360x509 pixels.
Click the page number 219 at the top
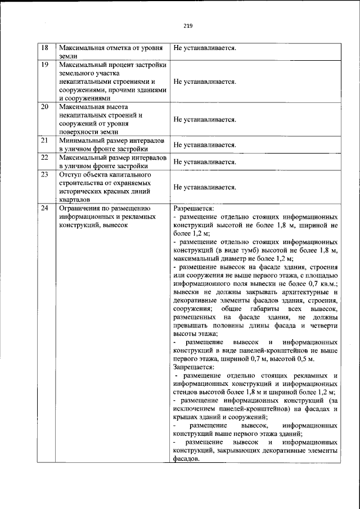coord(188,25)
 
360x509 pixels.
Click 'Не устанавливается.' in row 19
coord(205,82)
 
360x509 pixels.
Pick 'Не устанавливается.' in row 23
coord(205,187)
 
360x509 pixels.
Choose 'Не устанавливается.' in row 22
coord(205,162)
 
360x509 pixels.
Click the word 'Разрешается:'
coord(194,208)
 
